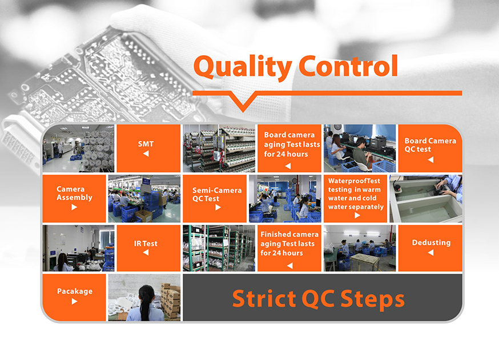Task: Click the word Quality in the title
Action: point(243,67)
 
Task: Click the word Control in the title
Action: point(348,66)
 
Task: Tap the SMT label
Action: point(146,144)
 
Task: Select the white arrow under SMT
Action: point(146,153)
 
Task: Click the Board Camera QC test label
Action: point(430,145)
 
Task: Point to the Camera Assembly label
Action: point(74,193)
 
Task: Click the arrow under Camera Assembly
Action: point(74,207)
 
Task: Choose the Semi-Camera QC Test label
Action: point(217,195)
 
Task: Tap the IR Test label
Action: point(146,244)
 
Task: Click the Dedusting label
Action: point(431,242)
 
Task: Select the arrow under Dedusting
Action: point(430,253)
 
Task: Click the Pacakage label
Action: point(75,292)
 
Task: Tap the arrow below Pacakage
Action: point(74,301)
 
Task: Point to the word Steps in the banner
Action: point(373,300)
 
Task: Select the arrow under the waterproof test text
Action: point(357,215)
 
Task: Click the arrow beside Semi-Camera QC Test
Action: point(218,207)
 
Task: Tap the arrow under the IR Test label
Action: point(146,253)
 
